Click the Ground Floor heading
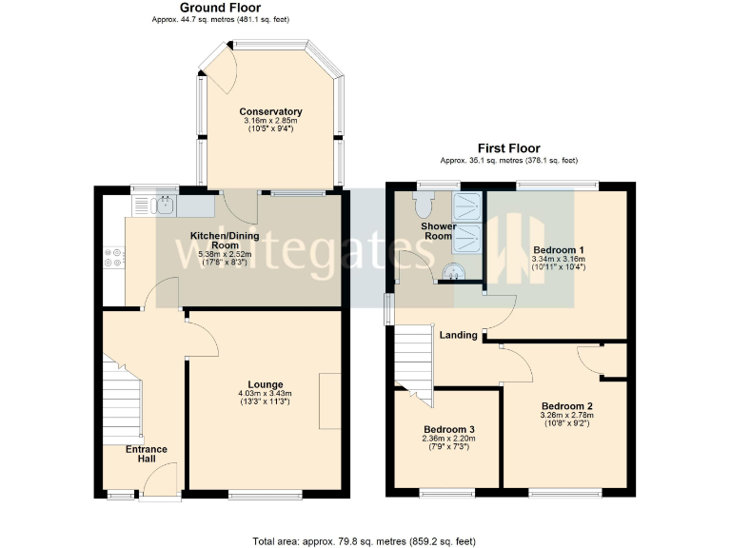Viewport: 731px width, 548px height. tap(220, 8)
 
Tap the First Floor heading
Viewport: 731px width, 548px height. tap(508, 148)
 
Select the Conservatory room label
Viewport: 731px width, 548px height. tap(270, 111)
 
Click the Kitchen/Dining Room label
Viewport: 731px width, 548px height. tap(221, 240)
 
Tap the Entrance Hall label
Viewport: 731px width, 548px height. tap(147, 455)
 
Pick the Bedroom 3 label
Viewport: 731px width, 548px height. tap(449, 429)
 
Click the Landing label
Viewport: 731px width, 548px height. tap(459, 334)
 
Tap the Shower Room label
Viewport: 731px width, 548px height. tap(439, 231)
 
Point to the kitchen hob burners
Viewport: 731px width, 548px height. tap(114, 258)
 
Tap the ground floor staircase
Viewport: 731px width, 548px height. tap(122, 400)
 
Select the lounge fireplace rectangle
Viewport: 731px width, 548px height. tap(329, 401)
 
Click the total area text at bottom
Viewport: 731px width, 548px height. tap(364, 540)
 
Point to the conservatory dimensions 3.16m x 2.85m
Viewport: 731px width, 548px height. tap(270, 121)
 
